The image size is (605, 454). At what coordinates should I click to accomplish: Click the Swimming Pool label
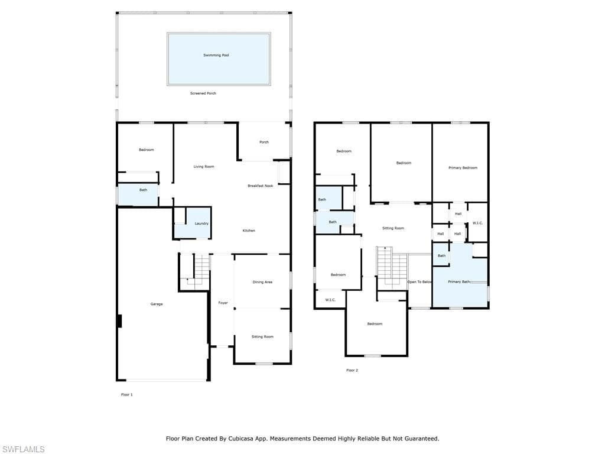tap(216, 55)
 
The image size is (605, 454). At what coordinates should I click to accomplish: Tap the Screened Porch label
tap(203, 93)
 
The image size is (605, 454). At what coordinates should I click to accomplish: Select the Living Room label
tap(204, 167)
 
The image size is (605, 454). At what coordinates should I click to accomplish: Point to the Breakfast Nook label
tap(260, 186)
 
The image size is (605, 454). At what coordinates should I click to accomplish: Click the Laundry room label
tap(201, 223)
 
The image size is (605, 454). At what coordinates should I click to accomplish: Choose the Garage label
tap(157, 304)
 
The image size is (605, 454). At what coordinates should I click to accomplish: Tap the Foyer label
tap(223, 303)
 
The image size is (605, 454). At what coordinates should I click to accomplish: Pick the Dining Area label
tap(262, 282)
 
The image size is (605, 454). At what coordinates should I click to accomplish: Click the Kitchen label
tap(249, 231)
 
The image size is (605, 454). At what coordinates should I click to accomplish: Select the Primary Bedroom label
tap(463, 168)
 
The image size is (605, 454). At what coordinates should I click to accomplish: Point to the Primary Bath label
tap(459, 282)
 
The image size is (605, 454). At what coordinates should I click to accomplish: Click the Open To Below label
tap(419, 282)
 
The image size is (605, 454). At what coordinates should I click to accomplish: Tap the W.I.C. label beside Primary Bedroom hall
tap(477, 223)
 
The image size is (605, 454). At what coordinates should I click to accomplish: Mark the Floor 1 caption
tap(126, 394)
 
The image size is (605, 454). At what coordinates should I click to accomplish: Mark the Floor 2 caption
tap(352, 370)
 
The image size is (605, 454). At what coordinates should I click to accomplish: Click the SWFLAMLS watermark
tap(22, 449)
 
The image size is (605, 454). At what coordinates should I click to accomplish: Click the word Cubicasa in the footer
tap(243, 439)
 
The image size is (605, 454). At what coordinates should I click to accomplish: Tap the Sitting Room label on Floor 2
tap(393, 228)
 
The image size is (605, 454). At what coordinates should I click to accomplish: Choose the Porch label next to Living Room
tap(264, 142)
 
